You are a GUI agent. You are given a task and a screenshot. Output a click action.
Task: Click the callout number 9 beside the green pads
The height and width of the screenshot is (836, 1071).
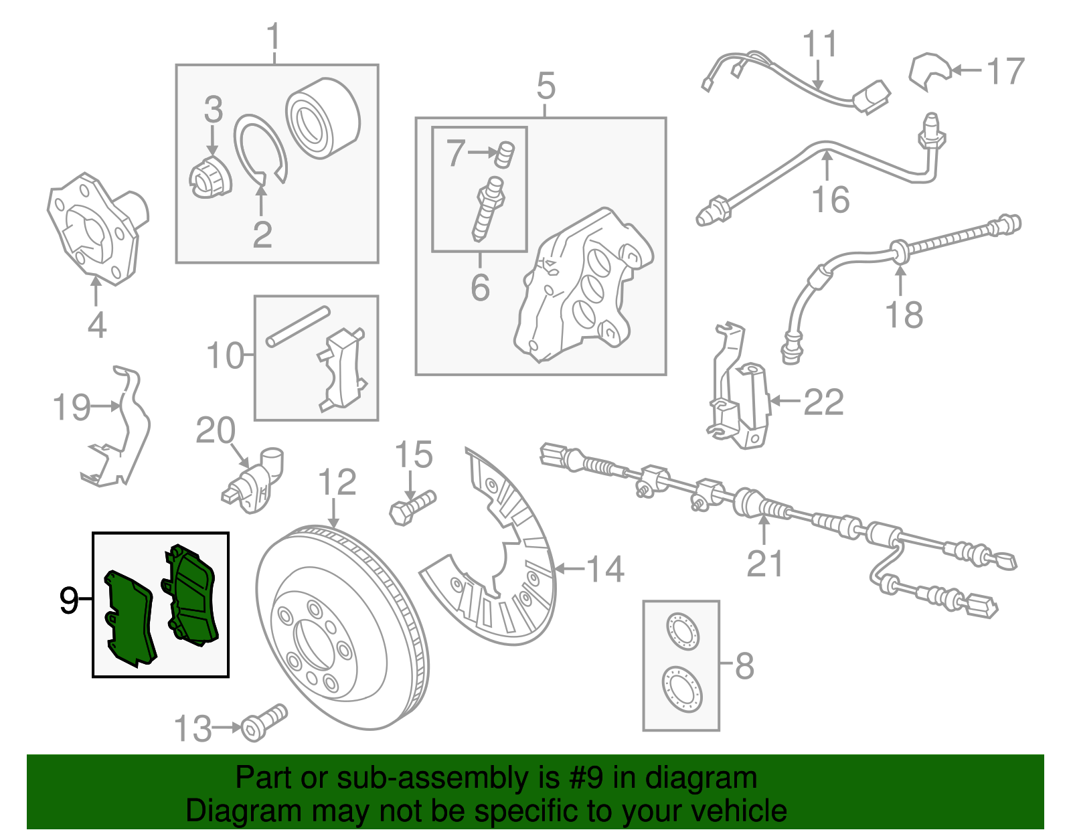68,600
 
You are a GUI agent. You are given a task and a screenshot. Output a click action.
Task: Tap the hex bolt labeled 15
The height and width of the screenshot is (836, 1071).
411,507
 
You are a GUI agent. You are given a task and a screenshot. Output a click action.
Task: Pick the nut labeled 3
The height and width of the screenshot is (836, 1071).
210,177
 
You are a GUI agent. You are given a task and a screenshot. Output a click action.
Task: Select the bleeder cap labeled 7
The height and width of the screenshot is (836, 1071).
505,155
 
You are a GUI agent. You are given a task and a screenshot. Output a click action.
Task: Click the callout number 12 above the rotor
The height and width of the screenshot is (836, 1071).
337,483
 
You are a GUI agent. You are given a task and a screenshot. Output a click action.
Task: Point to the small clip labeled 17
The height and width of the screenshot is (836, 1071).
928,70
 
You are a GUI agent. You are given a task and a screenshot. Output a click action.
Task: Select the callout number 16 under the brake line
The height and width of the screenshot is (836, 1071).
830,199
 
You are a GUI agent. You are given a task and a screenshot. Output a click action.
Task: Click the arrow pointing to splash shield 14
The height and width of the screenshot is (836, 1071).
569,569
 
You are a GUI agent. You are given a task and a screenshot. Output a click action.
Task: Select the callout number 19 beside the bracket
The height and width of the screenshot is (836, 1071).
71,407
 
